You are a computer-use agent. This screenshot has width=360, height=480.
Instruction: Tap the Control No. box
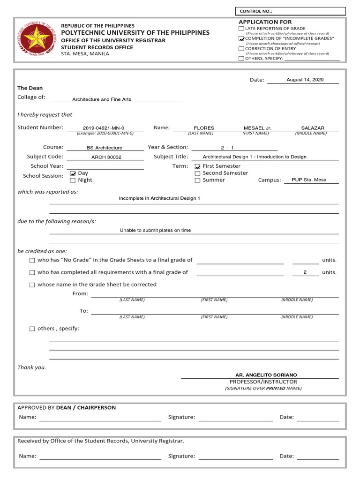click(x=290, y=11)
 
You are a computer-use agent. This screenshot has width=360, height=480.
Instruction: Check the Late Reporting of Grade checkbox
click(x=241, y=29)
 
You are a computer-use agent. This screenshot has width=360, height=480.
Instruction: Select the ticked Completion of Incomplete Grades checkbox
click(x=241, y=38)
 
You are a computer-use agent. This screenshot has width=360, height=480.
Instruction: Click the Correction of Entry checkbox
click(x=241, y=48)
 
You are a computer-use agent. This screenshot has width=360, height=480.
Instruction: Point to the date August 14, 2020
click(x=305, y=80)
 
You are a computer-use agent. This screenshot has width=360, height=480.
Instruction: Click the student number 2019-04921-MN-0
click(x=104, y=128)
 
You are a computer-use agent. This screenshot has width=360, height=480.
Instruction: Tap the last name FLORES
click(x=204, y=128)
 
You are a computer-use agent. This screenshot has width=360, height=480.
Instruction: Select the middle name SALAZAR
click(x=312, y=128)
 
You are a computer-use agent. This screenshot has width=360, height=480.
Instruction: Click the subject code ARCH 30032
click(x=106, y=157)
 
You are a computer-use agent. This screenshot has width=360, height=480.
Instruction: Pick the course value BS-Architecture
click(x=105, y=148)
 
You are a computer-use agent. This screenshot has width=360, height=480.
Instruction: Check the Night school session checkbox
click(x=73, y=180)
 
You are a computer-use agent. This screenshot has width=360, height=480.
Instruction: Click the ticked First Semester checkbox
click(x=198, y=166)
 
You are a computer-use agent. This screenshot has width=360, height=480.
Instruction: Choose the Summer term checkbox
click(x=198, y=180)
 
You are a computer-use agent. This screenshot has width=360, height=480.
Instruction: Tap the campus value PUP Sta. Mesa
click(x=309, y=180)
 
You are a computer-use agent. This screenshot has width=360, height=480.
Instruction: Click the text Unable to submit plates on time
click(x=155, y=231)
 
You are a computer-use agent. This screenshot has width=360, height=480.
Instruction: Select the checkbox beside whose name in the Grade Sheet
click(x=32, y=285)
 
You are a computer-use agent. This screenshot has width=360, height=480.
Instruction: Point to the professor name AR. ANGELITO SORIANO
click(x=266, y=375)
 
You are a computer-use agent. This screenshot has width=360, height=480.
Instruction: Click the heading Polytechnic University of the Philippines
click(x=135, y=33)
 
